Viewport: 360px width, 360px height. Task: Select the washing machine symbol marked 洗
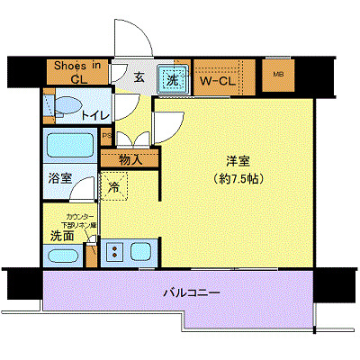[172, 79]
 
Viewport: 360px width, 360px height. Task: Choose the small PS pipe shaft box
[107, 137]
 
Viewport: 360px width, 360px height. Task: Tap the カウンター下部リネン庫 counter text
[69, 220]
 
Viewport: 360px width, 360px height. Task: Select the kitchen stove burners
[115, 251]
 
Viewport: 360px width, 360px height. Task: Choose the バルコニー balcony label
[192, 293]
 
